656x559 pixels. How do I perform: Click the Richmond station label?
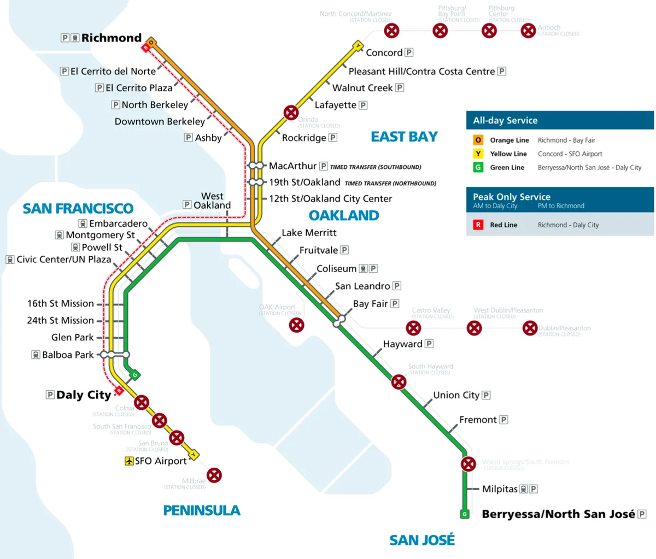coord(111,38)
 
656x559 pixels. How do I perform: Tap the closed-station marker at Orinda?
coord(291,113)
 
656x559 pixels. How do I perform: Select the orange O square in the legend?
coord(478,140)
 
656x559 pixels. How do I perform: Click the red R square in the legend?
coord(478,225)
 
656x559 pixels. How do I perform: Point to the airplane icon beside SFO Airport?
coord(129,461)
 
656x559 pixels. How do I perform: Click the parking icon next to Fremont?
coord(503,420)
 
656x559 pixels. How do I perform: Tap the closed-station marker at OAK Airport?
coord(296,325)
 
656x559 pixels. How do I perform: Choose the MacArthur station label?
coord(292,166)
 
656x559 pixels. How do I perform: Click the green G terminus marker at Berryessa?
coord(465,514)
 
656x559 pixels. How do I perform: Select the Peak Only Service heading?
coord(512,197)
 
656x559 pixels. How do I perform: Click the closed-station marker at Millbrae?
coord(214,475)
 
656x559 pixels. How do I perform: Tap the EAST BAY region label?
coord(404,137)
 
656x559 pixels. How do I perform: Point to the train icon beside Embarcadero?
coord(83,223)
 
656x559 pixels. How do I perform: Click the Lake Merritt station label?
coord(309,233)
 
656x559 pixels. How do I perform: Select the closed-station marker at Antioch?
coord(528,31)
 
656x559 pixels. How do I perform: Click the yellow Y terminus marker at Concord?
coord(358,46)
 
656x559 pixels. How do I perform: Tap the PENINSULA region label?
coord(202,510)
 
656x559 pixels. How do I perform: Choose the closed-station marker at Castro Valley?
coord(413,328)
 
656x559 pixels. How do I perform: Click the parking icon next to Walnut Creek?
coord(400,87)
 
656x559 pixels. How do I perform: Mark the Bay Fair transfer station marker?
coord(339,321)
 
